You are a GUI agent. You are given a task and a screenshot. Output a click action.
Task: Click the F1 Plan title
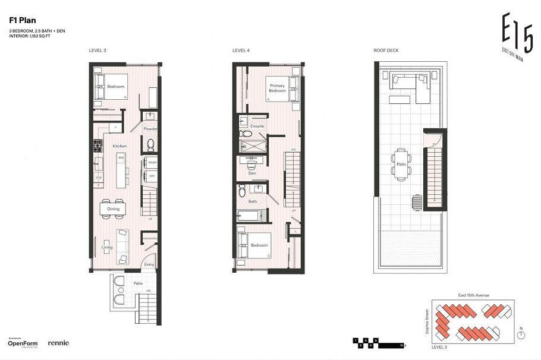pyautogui.click(x=23, y=20)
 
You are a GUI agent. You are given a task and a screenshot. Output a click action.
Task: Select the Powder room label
pyautogui.click(x=150, y=129)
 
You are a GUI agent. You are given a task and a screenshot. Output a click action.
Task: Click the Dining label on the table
pyautogui.click(x=113, y=209)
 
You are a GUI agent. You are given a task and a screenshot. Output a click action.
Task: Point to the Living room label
pyautogui.click(x=107, y=247)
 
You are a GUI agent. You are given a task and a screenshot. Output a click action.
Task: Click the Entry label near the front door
pyautogui.click(x=149, y=265)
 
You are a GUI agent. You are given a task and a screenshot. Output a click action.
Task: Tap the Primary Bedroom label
pyautogui.click(x=278, y=89)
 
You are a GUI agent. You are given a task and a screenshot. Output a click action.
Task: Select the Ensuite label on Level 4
pyautogui.click(x=257, y=127)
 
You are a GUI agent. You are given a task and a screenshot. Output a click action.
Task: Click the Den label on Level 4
pyautogui.click(x=252, y=173)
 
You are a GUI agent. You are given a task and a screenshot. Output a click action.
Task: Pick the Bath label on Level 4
pyautogui.click(x=253, y=201)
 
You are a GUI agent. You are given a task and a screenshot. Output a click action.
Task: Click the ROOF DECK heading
pyautogui.click(x=386, y=51)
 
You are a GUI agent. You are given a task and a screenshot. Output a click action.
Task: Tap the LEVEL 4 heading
pyautogui.click(x=241, y=51)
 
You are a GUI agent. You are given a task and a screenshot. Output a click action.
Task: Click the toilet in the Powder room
pyautogui.click(x=150, y=143)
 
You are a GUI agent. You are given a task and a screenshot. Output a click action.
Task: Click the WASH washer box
pyautogui.click(x=152, y=162)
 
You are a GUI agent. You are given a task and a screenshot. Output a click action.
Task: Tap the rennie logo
pyautogui.click(x=58, y=343)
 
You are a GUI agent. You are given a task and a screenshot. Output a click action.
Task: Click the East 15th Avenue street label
pyautogui.click(x=474, y=295)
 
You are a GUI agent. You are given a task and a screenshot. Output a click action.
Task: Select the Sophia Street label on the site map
pyautogui.click(x=427, y=321)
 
